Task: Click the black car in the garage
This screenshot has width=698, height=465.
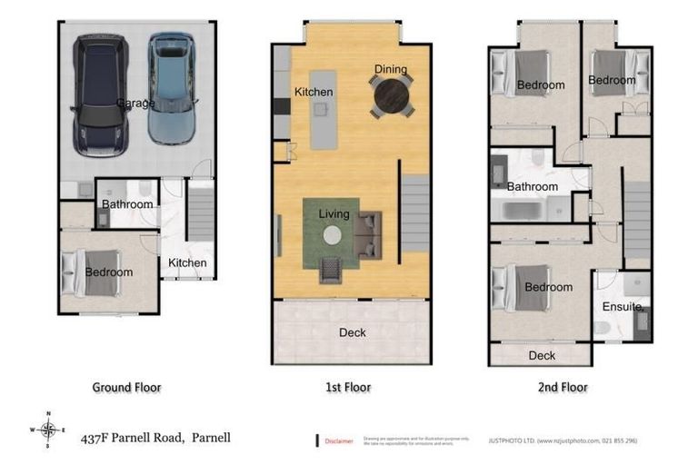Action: [x=101, y=95]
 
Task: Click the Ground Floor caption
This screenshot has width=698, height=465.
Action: [x=126, y=387]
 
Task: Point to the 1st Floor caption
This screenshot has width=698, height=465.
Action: [x=347, y=387]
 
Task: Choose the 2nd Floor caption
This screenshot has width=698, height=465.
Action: [x=563, y=387]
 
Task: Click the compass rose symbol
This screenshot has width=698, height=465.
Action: [x=48, y=430]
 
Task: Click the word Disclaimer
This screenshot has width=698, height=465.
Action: [x=340, y=440]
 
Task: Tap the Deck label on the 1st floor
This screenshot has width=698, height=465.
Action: [x=353, y=332]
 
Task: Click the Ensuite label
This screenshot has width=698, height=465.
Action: [x=623, y=308]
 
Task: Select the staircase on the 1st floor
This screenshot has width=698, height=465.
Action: [x=415, y=214]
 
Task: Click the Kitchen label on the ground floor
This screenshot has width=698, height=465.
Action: [x=187, y=263]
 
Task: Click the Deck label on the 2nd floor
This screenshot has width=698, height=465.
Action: [x=542, y=355]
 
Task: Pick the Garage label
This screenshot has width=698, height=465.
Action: [x=135, y=104]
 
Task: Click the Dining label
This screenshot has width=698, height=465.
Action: [x=391, y=70]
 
